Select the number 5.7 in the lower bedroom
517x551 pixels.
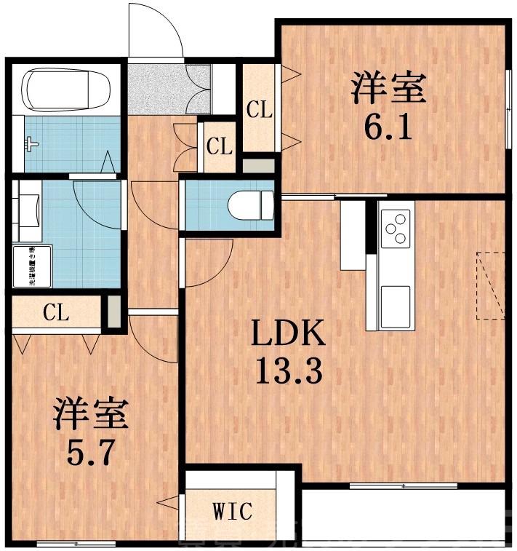tap(90, 453)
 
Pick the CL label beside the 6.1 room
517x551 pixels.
tap(258, 111)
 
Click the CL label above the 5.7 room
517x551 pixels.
tap(55, 313)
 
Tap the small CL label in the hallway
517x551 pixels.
tap(219, 147)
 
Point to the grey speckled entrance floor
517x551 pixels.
tap(156, 88)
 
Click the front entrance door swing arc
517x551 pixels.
tap(156, 30)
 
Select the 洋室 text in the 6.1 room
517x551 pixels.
tap(388, 90)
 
